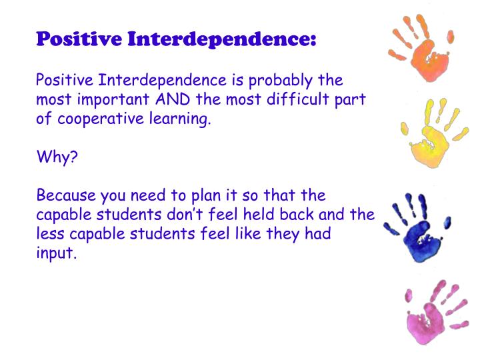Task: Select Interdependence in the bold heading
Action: (221, 39)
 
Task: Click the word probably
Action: (281, 81)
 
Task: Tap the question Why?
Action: (57, 158)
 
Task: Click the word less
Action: (49, 235)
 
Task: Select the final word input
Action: (57, 255)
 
